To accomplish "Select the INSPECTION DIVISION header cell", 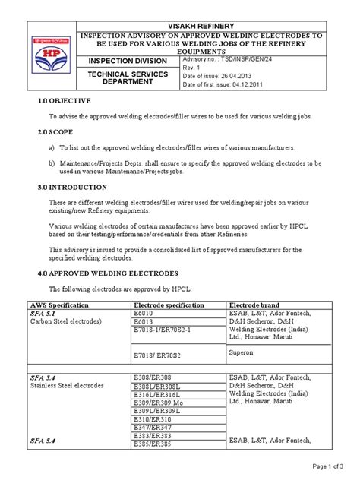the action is point(126,60).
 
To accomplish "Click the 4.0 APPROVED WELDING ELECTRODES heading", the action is point(103,271).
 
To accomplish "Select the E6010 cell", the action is point(143,313).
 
